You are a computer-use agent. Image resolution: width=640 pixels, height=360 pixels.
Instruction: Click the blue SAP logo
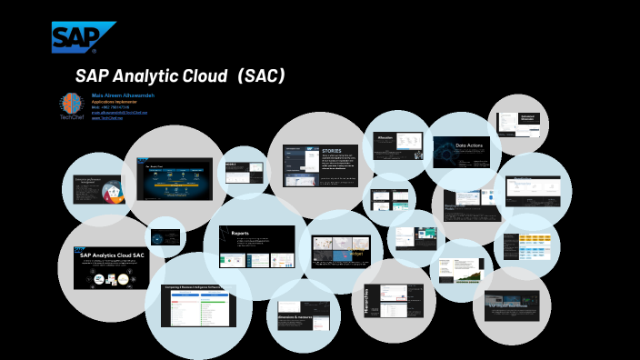tap(83, 37)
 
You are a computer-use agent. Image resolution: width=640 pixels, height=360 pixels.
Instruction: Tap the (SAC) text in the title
tap(260, 76)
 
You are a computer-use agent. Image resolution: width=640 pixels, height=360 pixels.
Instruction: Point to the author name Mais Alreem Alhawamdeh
tap(123, 95)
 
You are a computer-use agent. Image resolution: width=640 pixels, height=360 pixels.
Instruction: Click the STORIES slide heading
tap(332, 150)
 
